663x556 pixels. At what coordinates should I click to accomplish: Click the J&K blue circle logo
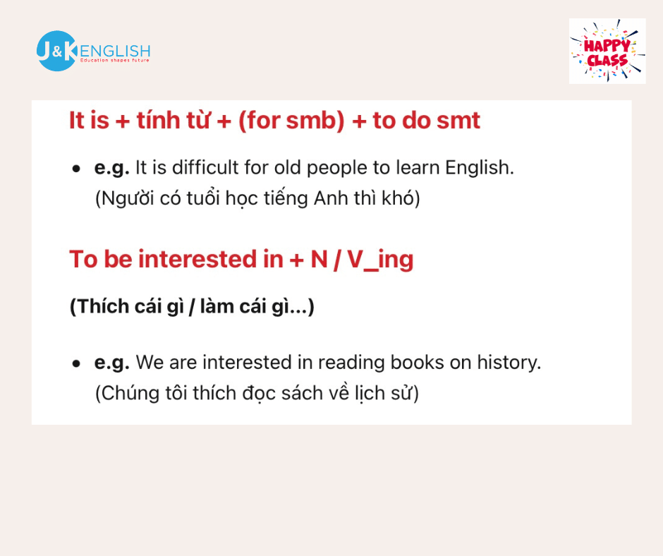click(x=56, y=51)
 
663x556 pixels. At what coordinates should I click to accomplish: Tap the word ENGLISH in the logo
click(x=114, y=52)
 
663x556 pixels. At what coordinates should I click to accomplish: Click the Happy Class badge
click(x=607, y=51)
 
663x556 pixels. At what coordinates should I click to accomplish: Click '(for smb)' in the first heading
click(x=291, y=121)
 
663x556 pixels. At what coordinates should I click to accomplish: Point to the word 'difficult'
click(x=205, y=167)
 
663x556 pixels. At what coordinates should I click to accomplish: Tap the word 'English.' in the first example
click(x=480, y=169)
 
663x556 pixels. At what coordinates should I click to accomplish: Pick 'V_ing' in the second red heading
click(x=380, y=260)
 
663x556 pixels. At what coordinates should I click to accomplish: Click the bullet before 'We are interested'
click(x=76, y=363)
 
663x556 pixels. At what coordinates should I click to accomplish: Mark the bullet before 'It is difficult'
click(x=76, y=169)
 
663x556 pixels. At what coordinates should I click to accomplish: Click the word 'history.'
click(x=509, y=363)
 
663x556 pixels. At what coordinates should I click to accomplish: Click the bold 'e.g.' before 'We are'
click(x=111, y=363)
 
